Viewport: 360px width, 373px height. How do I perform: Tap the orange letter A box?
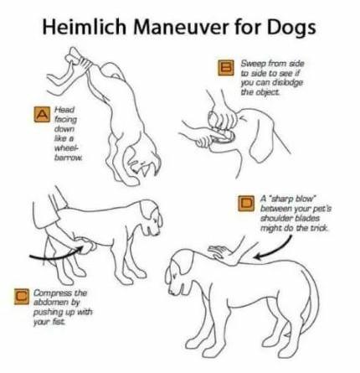tap(42, 114)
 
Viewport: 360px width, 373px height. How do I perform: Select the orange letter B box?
tap(226, 68)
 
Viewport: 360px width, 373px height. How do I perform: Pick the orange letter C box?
tap(22, 296)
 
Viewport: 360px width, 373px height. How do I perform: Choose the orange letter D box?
tap(246, 203)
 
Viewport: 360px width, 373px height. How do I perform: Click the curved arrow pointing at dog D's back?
tap(276, 250)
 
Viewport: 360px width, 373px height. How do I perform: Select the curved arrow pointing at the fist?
tap(56, 255)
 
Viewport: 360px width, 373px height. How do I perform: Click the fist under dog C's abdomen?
tap(86, 246)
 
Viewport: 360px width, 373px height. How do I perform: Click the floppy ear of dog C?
tap(147, 210)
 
